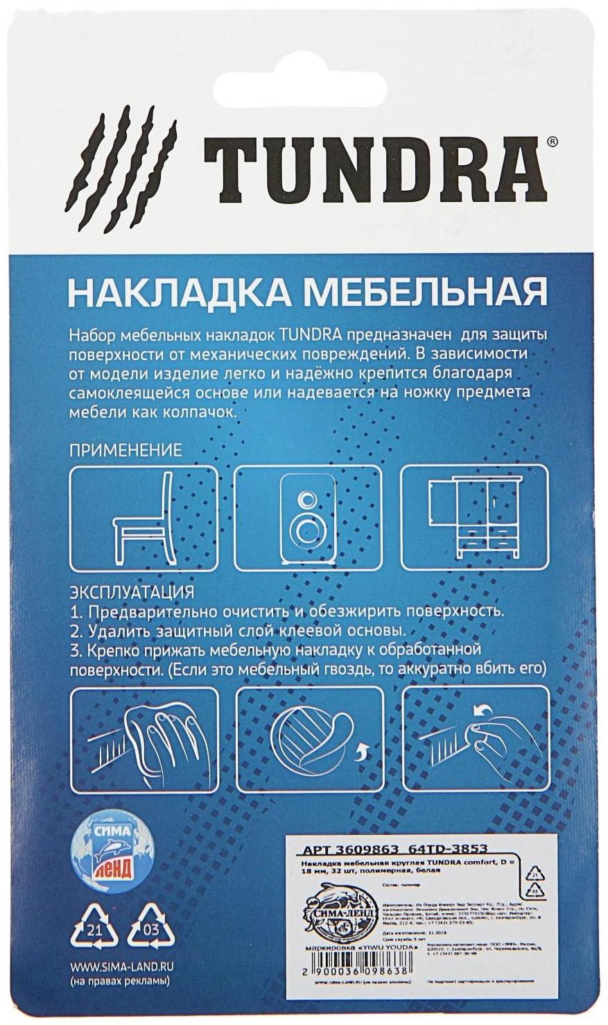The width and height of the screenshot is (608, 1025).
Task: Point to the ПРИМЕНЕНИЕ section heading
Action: [x=125, y=450]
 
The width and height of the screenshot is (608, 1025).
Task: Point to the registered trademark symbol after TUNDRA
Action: [x=551, y=142]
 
